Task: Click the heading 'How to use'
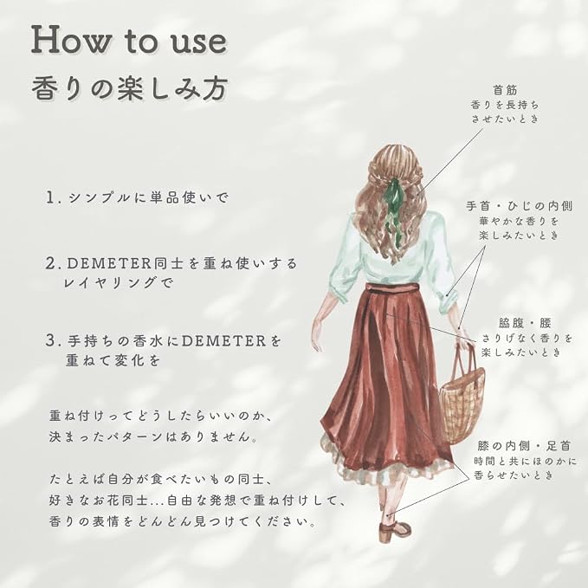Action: click(129, 41)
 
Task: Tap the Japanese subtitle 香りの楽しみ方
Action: click(130, 89)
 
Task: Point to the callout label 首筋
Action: click(505, 90)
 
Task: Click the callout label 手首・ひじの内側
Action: click(519, 206)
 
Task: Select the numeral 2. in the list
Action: click(54, 263)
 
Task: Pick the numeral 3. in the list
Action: click(53, 340)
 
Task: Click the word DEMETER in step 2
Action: click(109, 263)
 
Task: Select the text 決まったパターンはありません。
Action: click(154, 436)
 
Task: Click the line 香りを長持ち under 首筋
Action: click(505, 105)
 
